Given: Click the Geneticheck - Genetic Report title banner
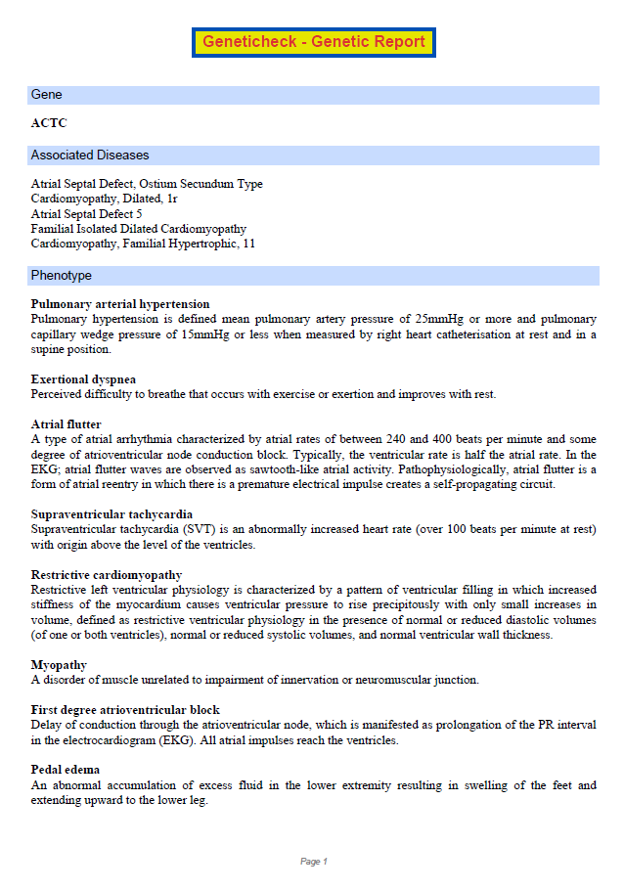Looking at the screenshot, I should (x=313, y=42).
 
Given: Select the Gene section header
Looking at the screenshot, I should (x=47, y=95).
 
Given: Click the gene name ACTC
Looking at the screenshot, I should (x=49, y=123).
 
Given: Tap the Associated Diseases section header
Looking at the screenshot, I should (x=90, y=156).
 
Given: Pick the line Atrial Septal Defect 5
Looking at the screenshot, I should (x=87, y=213).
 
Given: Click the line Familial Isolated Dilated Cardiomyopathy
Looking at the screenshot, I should (x=139, y=229).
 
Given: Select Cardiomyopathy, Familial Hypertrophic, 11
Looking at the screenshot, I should (x=143, y=244).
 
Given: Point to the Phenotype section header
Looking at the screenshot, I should (x=61, y=276).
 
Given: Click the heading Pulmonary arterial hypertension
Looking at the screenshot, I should (x=120, y=304).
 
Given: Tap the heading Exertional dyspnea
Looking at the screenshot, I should (x=83, y=379).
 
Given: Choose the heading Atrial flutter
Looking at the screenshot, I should (x=67, y=424).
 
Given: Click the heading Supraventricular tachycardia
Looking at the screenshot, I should (x=111, y=514).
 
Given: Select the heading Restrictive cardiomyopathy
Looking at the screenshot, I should (x=107, y=575).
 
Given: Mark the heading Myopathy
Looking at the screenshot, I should (x=59, y=665).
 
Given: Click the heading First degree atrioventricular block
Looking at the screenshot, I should (x=125, y=710).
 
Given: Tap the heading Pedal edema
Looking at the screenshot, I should (x=66, y=770).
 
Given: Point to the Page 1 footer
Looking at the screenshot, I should (x=313, y=862).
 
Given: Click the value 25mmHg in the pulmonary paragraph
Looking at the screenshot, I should (x=440, y=320).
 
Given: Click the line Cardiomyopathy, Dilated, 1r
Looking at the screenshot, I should (x=105, y=199).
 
